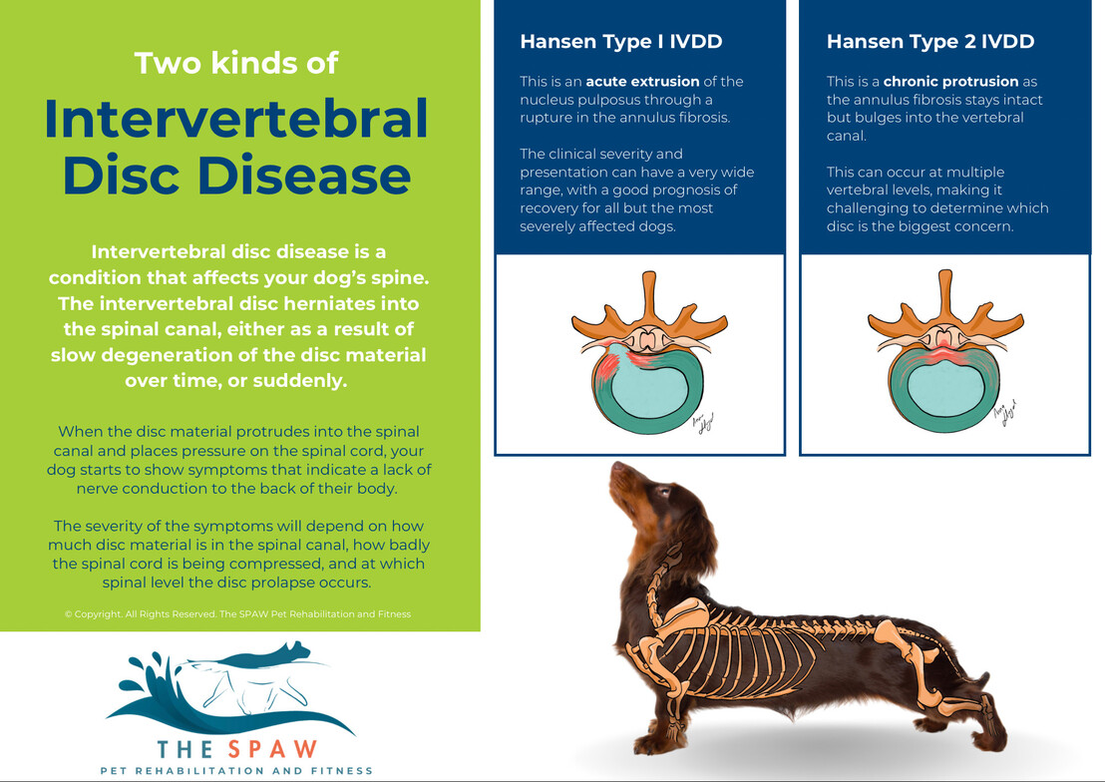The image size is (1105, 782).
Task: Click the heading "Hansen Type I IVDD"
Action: pos(621,42)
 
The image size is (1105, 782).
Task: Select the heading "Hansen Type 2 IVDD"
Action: pos(930,42)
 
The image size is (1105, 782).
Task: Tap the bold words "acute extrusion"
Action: pos(642,81)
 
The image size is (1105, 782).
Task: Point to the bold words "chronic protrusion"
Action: pos(950,81)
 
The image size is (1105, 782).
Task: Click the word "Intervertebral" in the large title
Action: pos(236,119)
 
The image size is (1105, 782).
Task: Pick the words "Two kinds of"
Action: pos(236,63)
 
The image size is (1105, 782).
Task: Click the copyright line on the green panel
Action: pos(237,614)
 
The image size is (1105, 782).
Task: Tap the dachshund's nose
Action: pos(616,467)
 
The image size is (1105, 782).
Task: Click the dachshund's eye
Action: pos(662,492)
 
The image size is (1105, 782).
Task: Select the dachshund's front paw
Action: pos(655,742)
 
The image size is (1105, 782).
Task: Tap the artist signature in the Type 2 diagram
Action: pos(1005,416)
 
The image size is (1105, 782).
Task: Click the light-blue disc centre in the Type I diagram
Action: pos(648,387)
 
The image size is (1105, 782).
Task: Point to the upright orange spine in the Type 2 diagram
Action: pos(945,296)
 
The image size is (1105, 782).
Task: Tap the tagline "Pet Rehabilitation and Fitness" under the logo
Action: pos(236,771)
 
